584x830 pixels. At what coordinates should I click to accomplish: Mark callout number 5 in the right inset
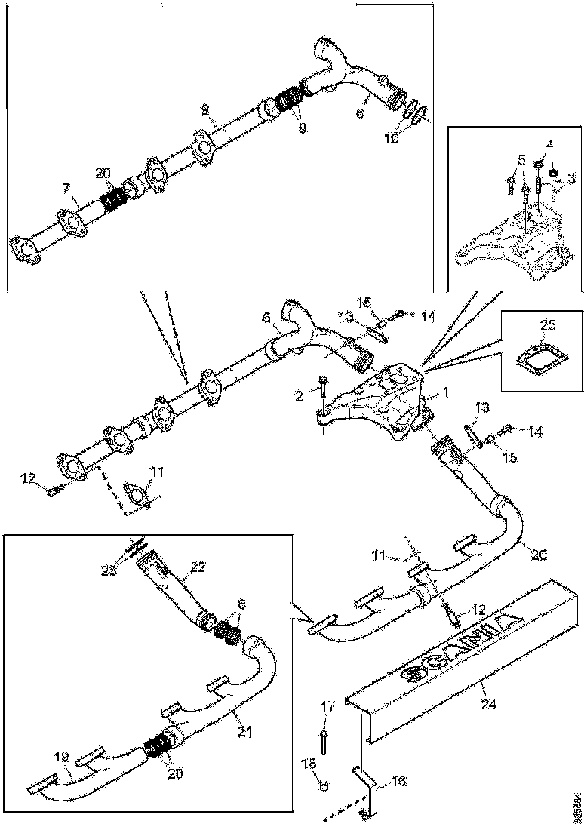[x=521, y=159]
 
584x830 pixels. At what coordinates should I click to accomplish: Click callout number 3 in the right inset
[x=570, y=179]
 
